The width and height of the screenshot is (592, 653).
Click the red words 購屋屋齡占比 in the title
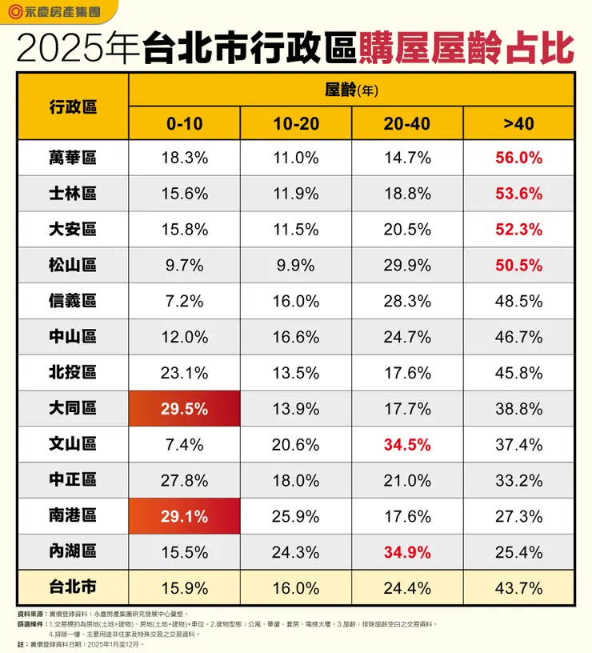466,49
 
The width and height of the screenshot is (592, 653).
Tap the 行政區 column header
72,106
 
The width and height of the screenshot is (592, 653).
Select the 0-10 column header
185,123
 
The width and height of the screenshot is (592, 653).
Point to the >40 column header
518,123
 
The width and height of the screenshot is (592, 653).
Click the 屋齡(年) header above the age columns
351,90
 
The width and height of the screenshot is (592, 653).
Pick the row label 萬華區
72,158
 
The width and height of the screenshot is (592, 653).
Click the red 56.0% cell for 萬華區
518,158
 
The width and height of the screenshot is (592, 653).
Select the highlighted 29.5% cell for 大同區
185,409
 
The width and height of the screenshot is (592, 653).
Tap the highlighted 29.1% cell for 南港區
185,516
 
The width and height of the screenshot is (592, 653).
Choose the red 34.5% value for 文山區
407,444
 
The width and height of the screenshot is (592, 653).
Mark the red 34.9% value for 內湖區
407,552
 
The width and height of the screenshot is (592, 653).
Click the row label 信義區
72,301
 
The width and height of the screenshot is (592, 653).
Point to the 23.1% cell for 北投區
185,373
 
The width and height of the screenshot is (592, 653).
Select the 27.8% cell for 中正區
185,480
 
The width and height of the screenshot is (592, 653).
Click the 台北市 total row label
72,588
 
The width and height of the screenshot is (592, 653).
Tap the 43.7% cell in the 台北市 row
518,588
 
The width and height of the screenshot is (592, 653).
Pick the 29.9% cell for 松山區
407,266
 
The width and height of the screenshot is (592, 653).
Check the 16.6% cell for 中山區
296,337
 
